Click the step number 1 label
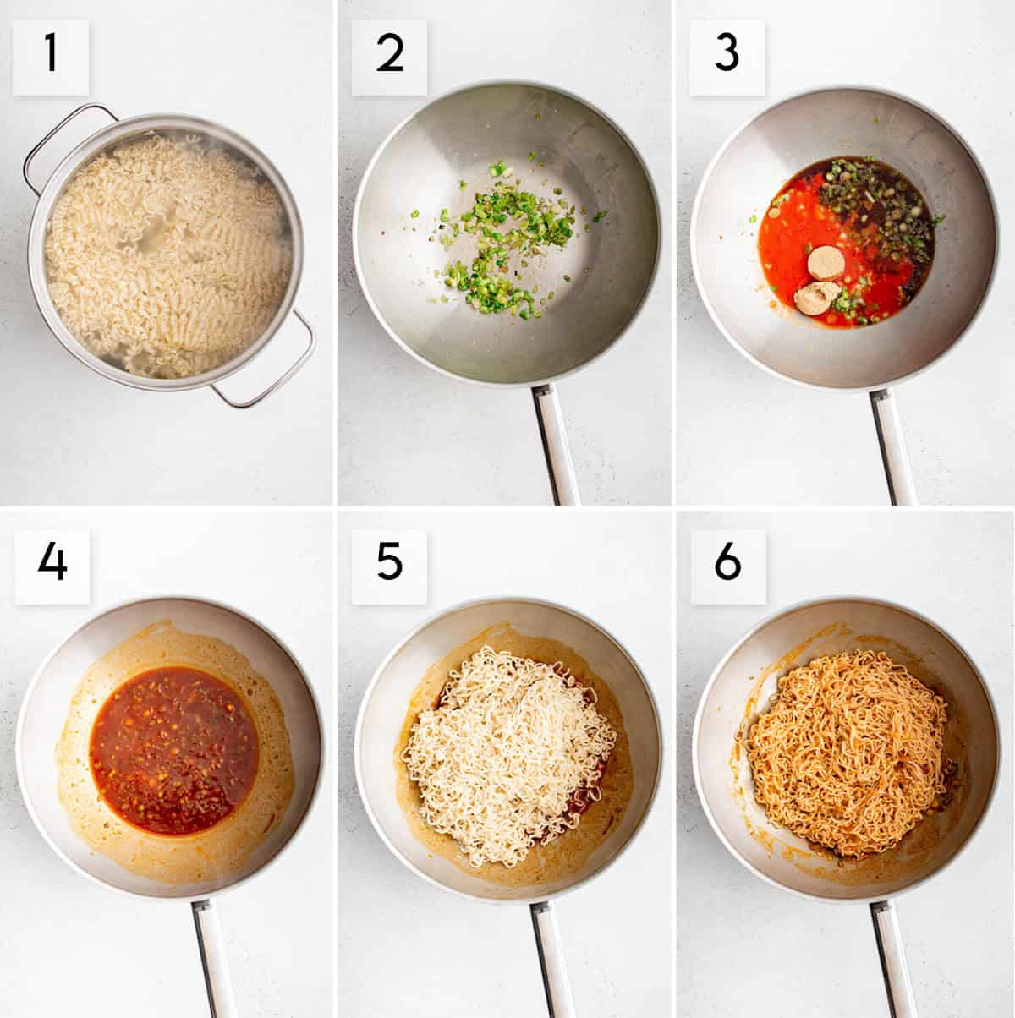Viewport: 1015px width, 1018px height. pos(51,57)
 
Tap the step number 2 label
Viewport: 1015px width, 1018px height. pos(389,57)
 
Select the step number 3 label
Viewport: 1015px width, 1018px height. pos(727,57)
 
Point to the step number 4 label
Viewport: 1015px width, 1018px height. pos(52,566)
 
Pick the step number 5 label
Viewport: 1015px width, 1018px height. pos(389,566)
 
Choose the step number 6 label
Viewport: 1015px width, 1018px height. pos(727,566)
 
